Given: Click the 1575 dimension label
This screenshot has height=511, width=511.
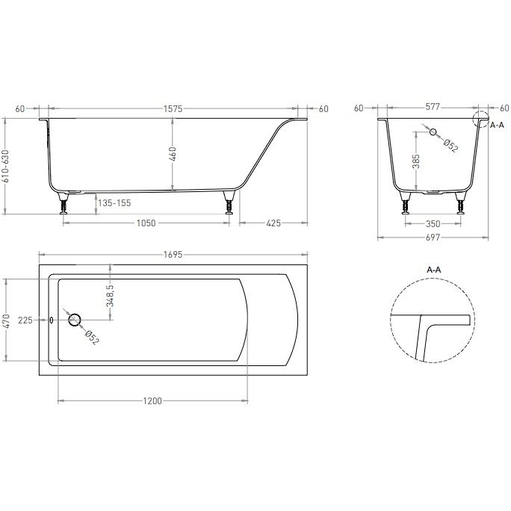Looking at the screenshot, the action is coord(173,109).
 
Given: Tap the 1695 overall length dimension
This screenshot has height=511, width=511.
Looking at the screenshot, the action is coord(173,255).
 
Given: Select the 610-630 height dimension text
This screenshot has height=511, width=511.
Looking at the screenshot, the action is coord(5,166).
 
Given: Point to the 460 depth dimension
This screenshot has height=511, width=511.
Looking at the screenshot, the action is coord(173,153).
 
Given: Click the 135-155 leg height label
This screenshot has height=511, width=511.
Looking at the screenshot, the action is coord(114,203).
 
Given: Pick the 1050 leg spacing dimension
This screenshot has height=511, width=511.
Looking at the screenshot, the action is coord(146,223).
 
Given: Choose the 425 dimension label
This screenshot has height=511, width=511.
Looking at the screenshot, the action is coord(273,223).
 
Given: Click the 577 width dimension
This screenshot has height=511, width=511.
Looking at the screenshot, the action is coord(433,107).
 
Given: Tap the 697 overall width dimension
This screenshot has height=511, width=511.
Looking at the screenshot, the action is coord(433,238).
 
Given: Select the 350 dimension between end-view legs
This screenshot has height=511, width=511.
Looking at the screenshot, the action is coord(433,224).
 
